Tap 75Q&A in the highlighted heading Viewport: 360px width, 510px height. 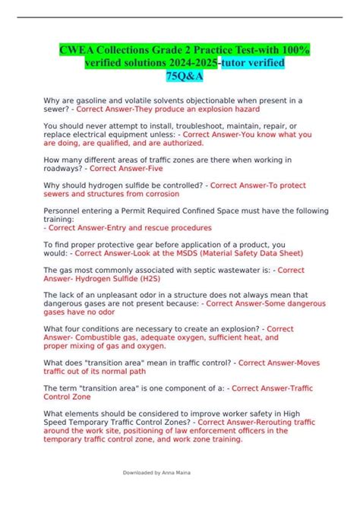[179, 76]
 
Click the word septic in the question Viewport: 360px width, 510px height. [182, 269]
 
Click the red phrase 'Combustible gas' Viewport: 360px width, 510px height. [107, 337]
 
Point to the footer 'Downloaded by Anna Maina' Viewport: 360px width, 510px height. [156, 472]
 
